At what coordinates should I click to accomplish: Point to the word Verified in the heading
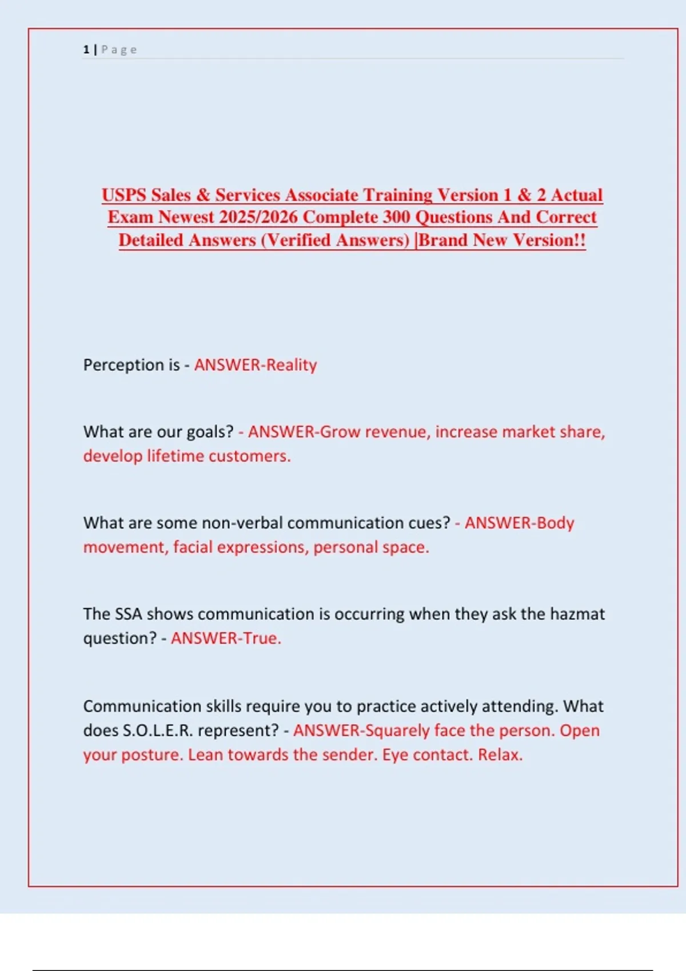tap(298, 240)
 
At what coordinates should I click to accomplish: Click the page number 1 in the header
tap(86, 50)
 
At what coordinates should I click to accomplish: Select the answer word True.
tap(262, 639)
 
